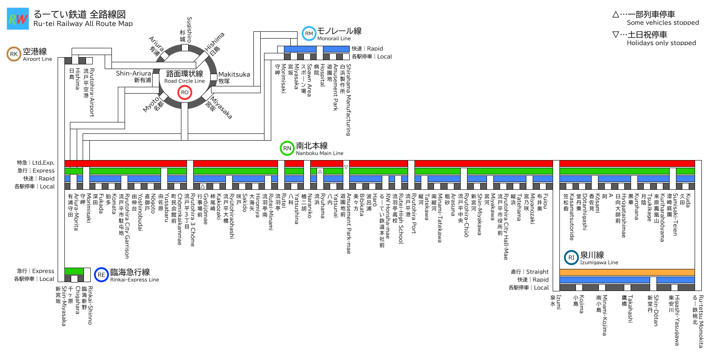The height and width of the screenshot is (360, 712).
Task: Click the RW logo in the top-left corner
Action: coord(18,19)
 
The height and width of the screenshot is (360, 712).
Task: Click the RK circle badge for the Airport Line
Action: coord(14,54)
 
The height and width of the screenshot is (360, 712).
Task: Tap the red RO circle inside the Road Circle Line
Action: coord(185,92)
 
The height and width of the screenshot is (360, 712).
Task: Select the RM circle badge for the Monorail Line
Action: coord(309,33)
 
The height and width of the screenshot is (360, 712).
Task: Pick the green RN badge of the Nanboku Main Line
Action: coord(287,148)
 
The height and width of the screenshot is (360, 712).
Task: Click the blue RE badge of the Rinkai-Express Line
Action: coord(101,274)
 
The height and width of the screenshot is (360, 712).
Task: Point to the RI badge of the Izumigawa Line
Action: coord(571,258)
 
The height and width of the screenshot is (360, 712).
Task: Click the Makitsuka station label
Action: coord(234,75)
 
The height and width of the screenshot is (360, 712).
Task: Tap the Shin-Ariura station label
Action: coord(133,73)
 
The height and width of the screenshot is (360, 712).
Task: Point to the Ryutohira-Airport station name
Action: coord(92,92)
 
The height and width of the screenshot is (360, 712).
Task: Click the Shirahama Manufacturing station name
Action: coord(348,100)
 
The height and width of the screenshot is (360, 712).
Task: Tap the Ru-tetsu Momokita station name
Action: coord(701,321)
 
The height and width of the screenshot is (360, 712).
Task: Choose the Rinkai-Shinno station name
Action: coord(90,305)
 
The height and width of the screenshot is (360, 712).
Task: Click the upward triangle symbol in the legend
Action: coord(616,14)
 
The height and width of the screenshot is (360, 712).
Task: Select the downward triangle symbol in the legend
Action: coord(616,35)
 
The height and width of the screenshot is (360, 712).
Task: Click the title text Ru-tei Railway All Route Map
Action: coord(83,24)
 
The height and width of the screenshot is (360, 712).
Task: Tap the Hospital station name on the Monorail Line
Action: coord(323,75)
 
